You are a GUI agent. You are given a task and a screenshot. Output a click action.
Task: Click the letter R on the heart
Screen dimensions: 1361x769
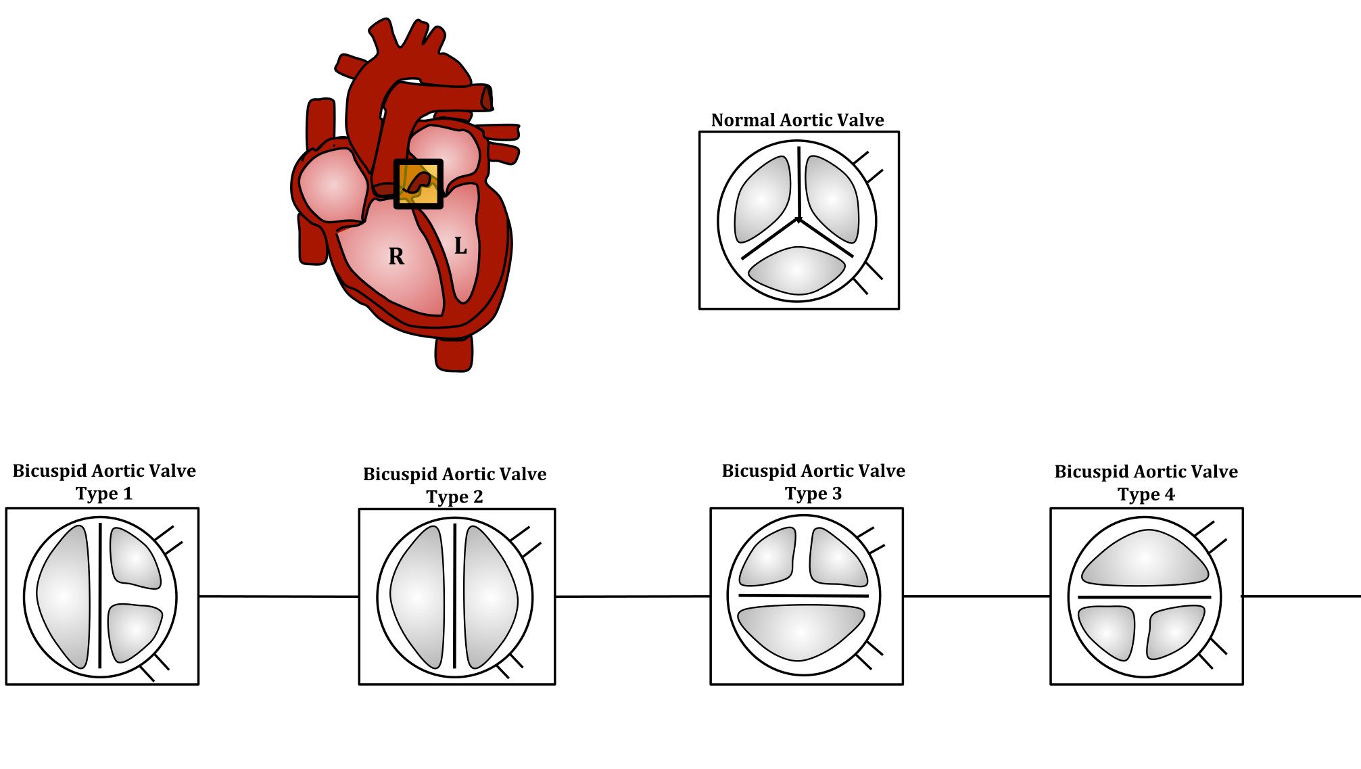point(396,256)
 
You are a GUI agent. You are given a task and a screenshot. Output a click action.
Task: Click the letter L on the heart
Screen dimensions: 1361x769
point(460,246)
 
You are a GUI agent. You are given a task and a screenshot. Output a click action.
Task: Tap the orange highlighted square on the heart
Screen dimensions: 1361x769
point(419,184)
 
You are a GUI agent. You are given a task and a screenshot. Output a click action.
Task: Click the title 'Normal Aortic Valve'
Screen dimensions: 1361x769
point(798,120)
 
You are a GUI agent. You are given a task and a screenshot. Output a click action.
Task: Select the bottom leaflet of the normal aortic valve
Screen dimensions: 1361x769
point(797,271)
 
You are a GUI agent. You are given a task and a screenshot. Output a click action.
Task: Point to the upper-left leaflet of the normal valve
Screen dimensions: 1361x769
point(763,200)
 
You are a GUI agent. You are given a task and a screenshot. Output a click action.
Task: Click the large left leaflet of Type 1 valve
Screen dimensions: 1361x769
point(64,597)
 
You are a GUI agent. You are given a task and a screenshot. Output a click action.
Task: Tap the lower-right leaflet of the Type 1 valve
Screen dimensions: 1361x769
point(134,632)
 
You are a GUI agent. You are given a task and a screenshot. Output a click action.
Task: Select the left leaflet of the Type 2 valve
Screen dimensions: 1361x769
point(418,597)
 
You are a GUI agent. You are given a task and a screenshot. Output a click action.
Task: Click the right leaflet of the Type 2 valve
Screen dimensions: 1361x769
point(491,597)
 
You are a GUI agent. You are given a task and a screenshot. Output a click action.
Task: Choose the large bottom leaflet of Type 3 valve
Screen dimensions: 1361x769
point(801,632)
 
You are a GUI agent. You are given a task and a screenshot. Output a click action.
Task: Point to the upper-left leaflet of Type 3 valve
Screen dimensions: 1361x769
point(767,557)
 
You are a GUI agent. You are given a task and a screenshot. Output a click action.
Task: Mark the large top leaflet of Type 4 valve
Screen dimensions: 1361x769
point(1145,558)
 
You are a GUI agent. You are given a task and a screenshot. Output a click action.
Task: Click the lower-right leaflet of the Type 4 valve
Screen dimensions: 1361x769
point(1176,632)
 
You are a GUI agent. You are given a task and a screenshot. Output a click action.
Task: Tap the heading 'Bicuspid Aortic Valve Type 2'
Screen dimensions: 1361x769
point(455,485)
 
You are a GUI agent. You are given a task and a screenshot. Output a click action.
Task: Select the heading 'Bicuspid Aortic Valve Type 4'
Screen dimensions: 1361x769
point(1147,482)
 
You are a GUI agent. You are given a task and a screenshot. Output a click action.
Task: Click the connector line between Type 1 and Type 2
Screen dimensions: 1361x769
point(279,597)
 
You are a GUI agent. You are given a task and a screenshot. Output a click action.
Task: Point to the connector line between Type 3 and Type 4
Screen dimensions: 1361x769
point(977,597)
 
